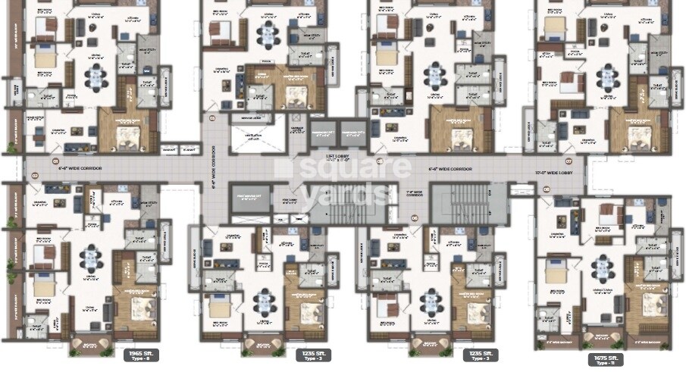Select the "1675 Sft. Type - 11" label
[607, 360]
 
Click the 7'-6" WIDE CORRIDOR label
[414, 196]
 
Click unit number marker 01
[55, 161]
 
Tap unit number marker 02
[35, 176]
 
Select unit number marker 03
[212, 118]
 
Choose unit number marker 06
[414, 217]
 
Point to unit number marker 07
[568, 161]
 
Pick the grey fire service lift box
[246, 196]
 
